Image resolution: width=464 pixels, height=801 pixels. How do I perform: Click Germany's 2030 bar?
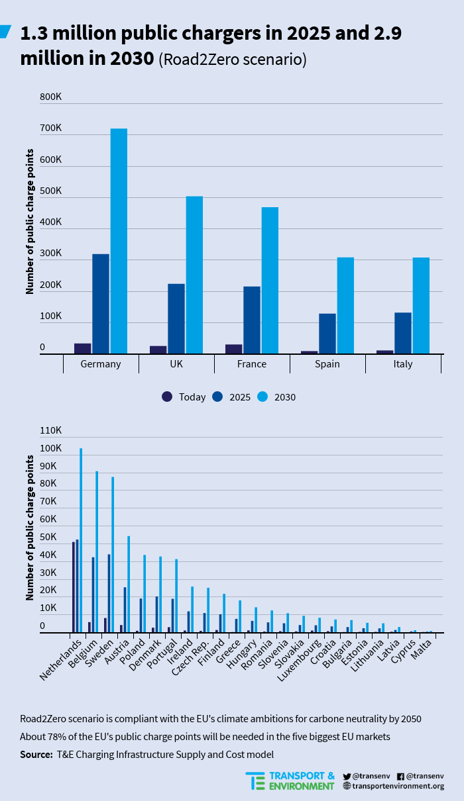tap(119, 241)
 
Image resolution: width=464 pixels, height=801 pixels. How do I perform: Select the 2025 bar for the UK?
tap(176, 318)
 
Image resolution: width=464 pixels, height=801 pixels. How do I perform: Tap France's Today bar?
tap(233, 349)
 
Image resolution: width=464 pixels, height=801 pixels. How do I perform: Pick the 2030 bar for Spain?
tap(345, 305)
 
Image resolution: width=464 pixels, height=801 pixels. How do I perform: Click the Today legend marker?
tap(167, 397)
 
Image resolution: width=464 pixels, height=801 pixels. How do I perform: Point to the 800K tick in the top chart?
tap(50, 97)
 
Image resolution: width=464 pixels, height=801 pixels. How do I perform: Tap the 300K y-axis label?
tap(50, 254)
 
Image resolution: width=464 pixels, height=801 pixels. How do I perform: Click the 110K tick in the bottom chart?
tap(50, 431)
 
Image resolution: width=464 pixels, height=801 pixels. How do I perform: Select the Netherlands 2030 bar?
tap(81, 540)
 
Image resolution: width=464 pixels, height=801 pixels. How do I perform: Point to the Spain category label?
tap(327, 364)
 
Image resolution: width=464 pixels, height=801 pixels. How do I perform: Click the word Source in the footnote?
tap(36, 754)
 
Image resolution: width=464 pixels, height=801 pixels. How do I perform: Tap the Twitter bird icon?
tap(347, 776)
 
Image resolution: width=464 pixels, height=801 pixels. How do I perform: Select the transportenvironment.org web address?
tap(398, 786)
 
